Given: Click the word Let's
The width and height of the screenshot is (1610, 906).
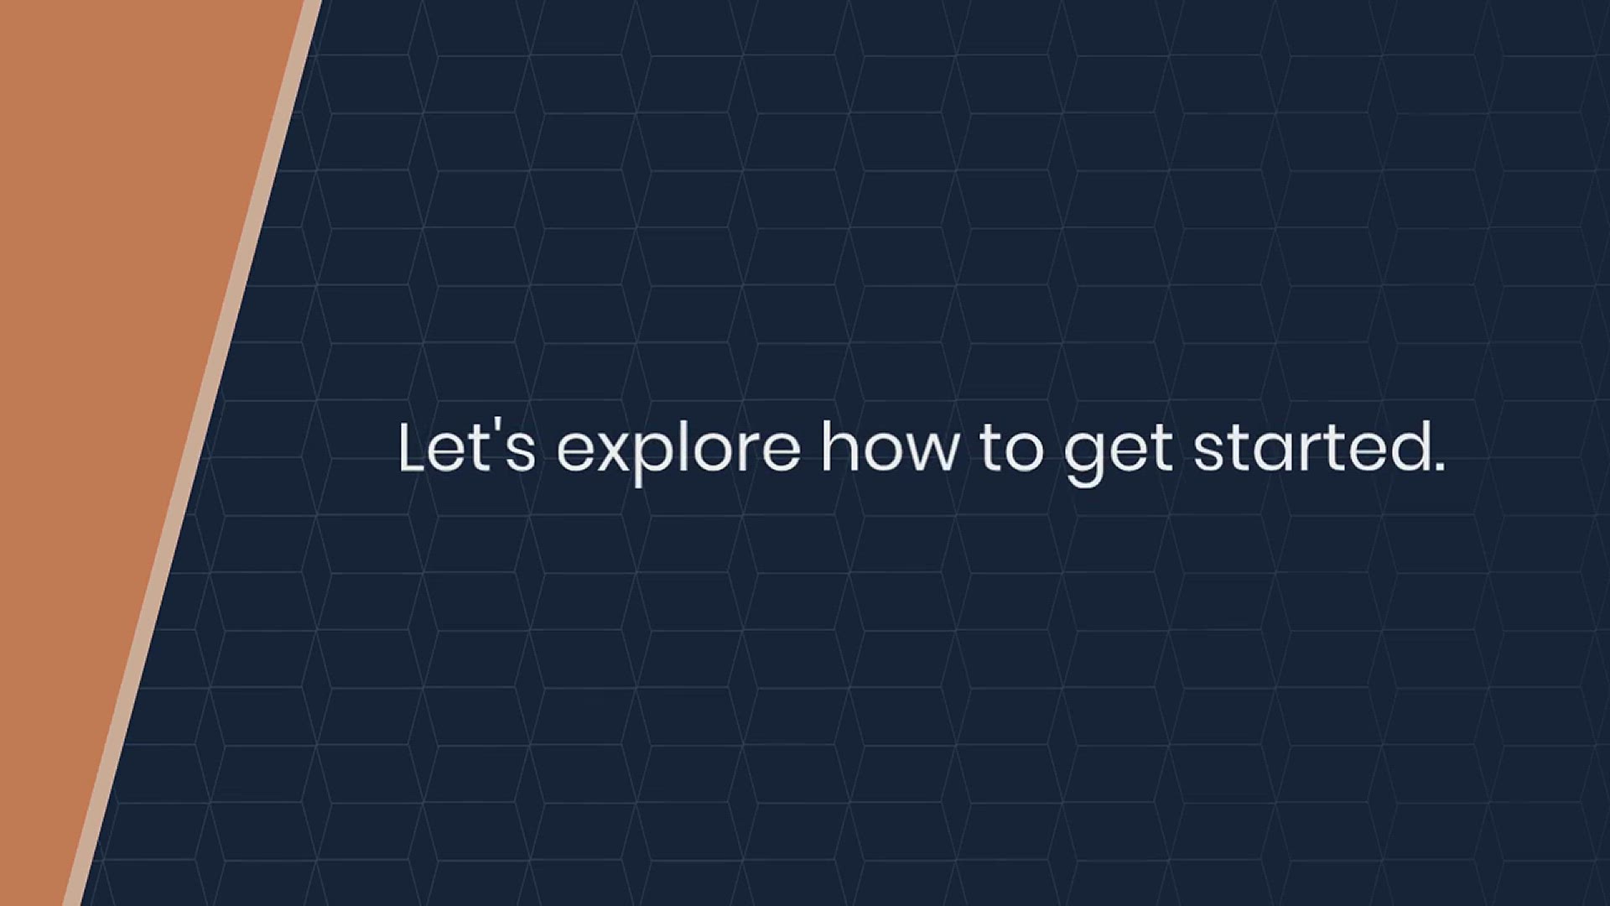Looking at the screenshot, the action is tap(466, 447).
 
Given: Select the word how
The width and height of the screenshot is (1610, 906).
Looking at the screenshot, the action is tap(889, 447).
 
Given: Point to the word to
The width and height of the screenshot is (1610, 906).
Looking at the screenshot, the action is tap(1011, 450).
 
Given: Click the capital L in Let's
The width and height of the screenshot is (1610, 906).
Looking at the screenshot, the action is tap(414, 447).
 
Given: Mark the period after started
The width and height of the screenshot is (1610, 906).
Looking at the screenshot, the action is tap(1438, 466).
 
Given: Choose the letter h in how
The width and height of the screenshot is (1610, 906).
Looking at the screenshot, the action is tap(838, 447).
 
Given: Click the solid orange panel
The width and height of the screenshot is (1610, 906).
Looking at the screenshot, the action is tap(109, 377).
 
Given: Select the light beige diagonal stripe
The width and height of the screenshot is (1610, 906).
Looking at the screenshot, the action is tap(193, 453).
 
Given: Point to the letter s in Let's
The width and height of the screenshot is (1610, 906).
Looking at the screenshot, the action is tap(520, 454).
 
